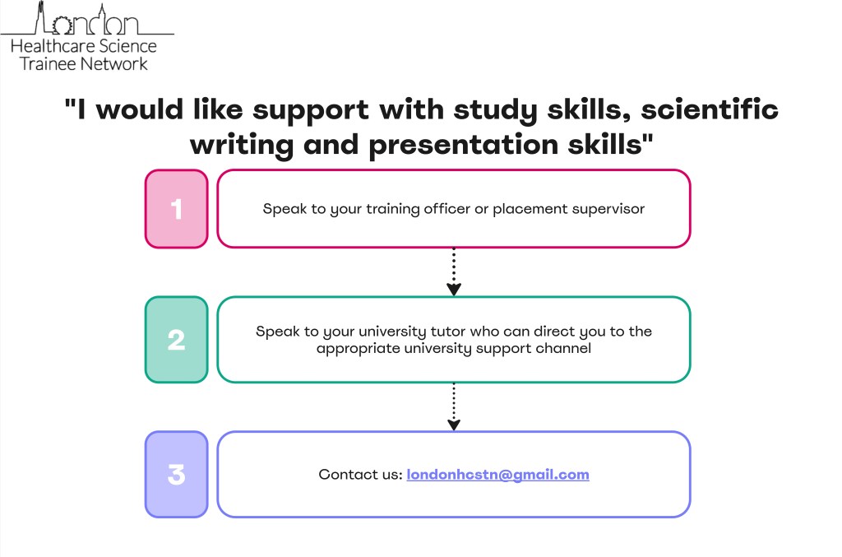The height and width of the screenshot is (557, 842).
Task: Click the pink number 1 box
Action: click(x=176, y=209)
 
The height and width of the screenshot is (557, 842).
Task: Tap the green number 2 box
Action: click(x=176, y=340)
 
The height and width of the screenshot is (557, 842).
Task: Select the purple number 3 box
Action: click(x=176, y=475)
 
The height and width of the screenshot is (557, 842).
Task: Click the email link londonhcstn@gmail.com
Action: click(x=497, y=475)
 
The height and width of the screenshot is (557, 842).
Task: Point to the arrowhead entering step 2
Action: click(x=454, y=289)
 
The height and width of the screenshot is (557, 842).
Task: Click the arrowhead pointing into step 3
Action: click(x=454, y=425)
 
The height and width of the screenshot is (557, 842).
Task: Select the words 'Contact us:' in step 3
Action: click(x=360, y=475)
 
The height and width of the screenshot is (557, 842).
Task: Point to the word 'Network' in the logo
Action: click(x=114, y=63)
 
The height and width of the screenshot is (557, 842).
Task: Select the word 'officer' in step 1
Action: click(x=446, y=209)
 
